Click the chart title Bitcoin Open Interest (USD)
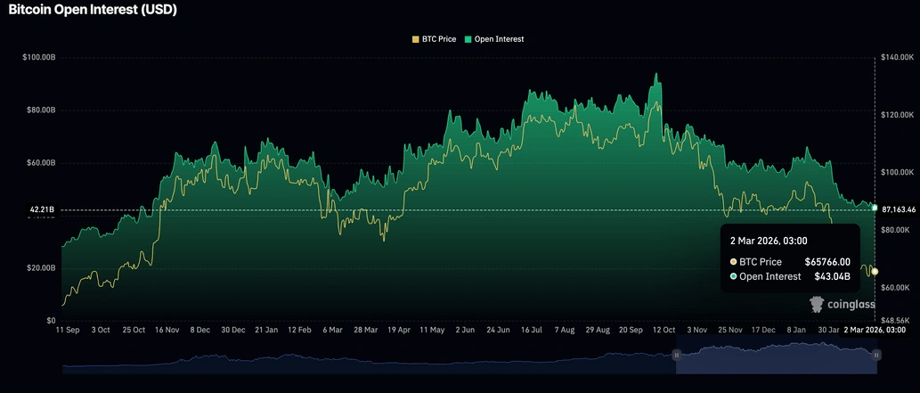coord(93,11)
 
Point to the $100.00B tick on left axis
coord(39,57)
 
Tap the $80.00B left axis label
coord(41,111)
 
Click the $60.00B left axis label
coord(41,163)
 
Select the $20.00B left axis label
coord(41,268)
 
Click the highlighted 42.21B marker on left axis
coord(42,209)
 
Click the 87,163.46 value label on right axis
coord(899,208)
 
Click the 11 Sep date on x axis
coord(67,330)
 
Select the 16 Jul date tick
coord(532,330)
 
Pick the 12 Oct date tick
coord(664,330)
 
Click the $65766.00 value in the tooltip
coord(827,262)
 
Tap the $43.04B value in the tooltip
coord(832,276)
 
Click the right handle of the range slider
coord(876,355)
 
